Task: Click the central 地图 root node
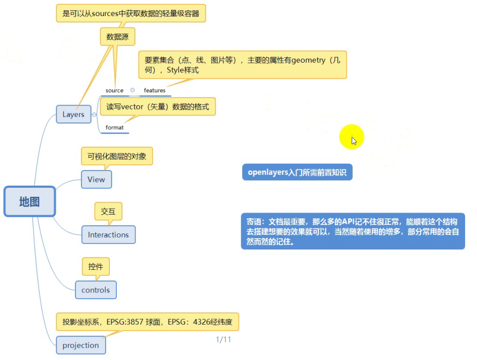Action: point(29,202)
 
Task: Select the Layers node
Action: point(73,114)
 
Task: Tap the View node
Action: point(96,180)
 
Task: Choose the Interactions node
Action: point(108,234)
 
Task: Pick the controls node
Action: point(95,290)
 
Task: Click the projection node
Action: point(80,345)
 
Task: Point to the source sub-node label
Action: point(114,90)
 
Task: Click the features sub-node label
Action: point(154,90)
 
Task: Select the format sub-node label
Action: point(114,127)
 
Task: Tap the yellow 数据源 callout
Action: point(117,37)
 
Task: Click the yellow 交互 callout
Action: point(108,211)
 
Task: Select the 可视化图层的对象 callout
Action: point(117,156)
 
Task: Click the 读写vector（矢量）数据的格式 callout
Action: point(158,107)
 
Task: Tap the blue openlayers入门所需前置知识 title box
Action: point(297,172)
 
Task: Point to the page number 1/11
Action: point(223,340)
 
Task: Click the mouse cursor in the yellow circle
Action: point(353,140)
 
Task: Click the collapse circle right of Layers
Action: point(94,114)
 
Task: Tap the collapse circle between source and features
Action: point(132,90)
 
